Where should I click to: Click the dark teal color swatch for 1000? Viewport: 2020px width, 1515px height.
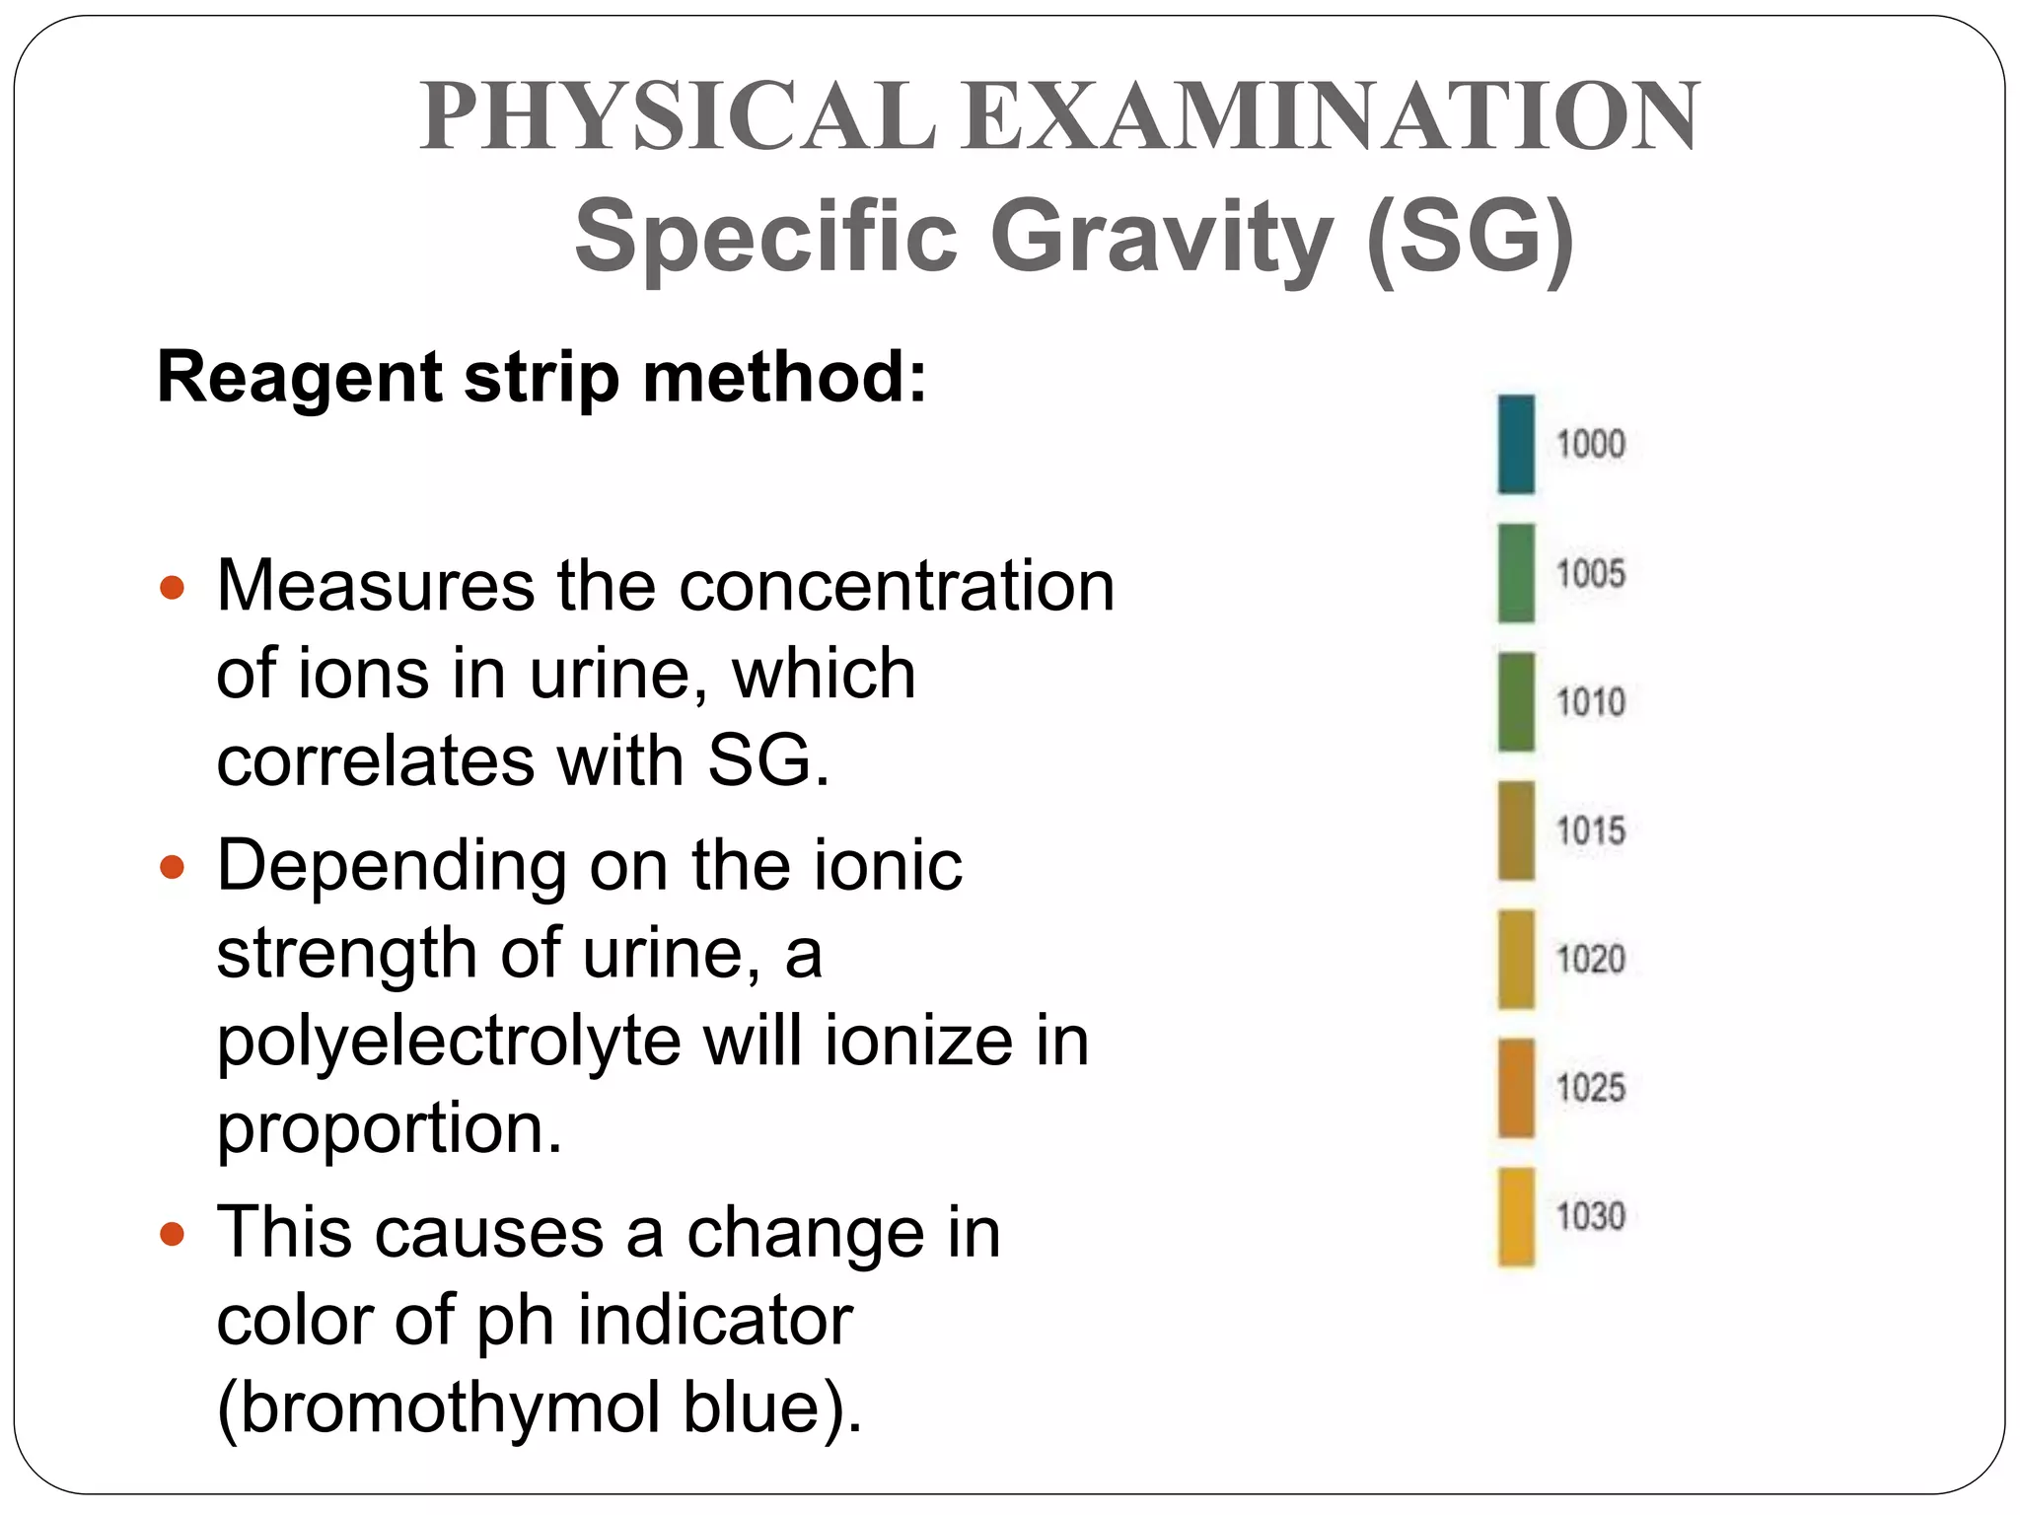click(1516, 444)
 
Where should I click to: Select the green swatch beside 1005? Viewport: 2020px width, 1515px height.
click(1516, 573)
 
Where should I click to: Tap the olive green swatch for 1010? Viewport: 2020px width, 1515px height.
click(1516, 701)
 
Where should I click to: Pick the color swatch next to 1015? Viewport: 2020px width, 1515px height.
click(1516, 830)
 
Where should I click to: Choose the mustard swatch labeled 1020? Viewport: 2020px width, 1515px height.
click(1516, 959)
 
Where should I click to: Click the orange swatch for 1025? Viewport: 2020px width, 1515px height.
click(1516, 1088)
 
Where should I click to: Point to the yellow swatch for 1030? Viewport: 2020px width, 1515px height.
click(1516, 1216)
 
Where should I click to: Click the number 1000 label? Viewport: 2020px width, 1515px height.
click(1591, 444)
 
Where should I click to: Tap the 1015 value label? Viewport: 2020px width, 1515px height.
click(1591, 830)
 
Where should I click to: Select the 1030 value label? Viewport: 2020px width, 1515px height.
click(1591, 1216)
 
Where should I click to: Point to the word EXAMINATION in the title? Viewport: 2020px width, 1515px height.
click(1332, 116)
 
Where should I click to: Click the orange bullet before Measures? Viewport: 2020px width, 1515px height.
click(173, 588)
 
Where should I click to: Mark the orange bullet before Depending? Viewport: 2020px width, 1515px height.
click(173, 868)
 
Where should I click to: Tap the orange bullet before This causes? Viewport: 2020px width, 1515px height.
click(173, 1234)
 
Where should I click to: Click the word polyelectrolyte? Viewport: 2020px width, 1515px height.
click(449, 1043)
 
